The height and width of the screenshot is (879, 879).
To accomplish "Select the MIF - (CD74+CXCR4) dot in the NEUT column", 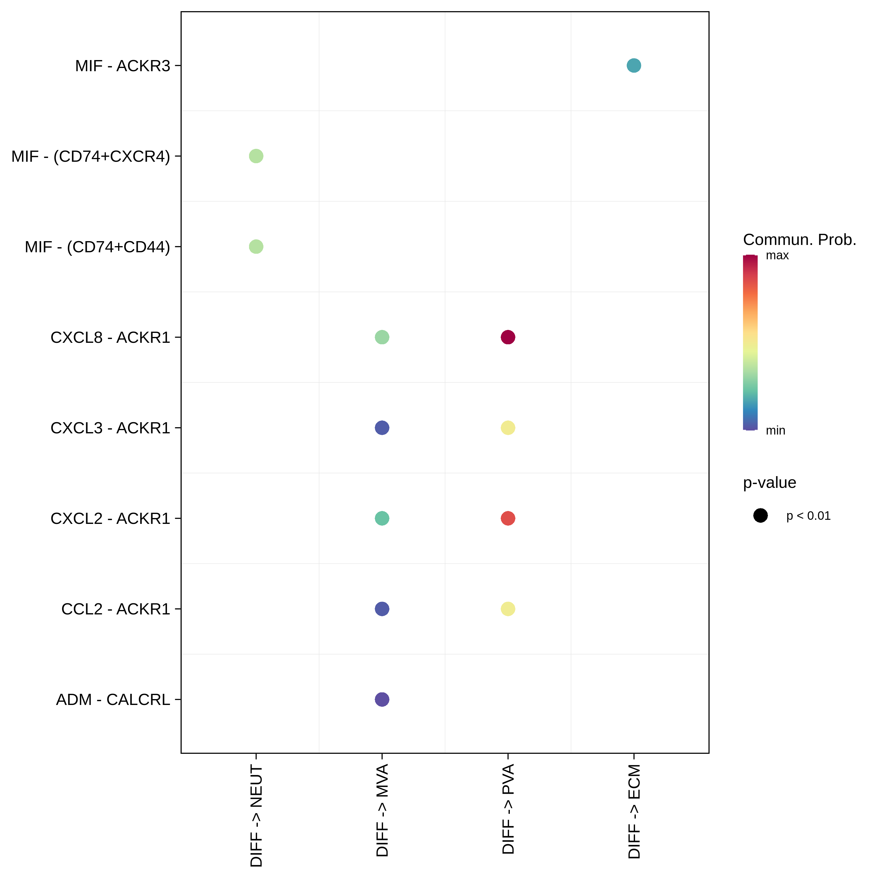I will [256, 156].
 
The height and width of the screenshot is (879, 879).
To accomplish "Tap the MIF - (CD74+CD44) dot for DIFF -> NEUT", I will [256, 247].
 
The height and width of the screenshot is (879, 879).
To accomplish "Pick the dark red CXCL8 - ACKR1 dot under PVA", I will [508, 337].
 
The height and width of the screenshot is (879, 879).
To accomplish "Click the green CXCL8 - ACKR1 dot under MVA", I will [382, 337].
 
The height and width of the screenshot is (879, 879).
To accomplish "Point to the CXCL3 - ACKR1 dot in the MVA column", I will [382, 428].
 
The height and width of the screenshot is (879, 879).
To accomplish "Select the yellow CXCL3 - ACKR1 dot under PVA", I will [508, 428].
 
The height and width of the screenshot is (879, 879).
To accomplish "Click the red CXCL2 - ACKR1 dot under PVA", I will [508, 518].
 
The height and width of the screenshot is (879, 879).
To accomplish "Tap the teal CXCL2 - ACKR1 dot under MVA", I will [382, 518].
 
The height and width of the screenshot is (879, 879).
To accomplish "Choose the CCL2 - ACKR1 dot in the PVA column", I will [508, 609].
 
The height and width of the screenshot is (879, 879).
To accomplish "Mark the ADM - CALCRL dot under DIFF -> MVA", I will [382, 699].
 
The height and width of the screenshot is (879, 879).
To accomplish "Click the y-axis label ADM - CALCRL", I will [113, 699].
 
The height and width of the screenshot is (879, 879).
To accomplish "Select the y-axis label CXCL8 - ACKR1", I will [110, 337].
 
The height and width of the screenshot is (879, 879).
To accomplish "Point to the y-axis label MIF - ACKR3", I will [122, 66].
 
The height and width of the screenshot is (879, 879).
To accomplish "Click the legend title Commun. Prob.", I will [799, 239].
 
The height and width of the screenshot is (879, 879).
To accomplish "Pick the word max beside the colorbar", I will [777, 255].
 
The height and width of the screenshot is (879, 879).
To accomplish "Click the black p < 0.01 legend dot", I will [760, 515].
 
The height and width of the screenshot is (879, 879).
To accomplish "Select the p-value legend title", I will [769, 482].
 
